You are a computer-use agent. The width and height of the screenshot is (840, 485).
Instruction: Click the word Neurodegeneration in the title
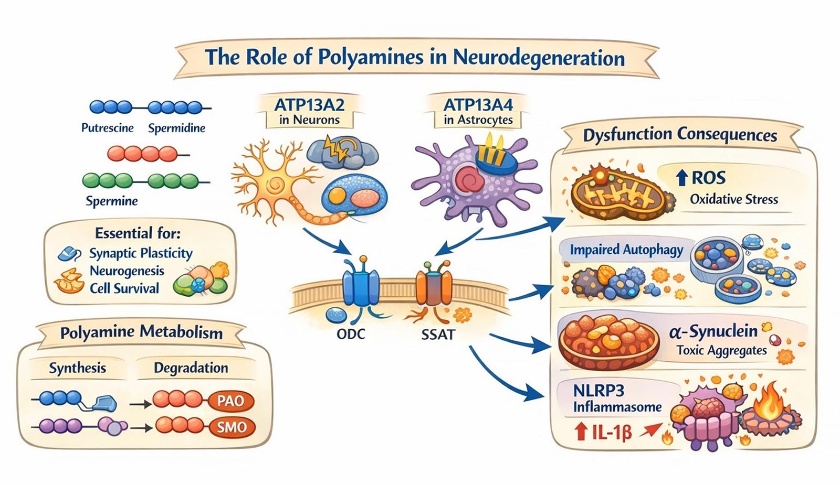539,57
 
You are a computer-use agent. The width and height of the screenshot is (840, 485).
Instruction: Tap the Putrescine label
107,128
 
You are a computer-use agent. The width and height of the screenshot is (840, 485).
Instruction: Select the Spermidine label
176,128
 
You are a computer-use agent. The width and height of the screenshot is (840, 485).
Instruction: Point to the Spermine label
112,201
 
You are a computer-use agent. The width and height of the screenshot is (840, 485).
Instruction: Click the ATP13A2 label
309,105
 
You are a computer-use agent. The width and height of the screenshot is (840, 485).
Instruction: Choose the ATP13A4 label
478,105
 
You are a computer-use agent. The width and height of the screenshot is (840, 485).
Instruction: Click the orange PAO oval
230,401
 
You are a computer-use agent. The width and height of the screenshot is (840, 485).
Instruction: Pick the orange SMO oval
232,427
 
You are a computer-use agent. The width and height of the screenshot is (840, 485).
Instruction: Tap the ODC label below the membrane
350,334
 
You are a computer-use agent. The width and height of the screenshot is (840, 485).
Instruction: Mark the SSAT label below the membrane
437,334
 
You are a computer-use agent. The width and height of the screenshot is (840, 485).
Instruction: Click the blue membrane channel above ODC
360,286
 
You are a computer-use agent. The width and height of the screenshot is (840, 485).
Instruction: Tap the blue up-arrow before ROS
681,178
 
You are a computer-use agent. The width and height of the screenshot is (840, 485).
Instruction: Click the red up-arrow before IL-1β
580,432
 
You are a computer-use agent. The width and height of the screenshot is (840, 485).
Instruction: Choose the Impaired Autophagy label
626,250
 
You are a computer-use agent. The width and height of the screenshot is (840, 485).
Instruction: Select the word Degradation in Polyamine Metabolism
191,368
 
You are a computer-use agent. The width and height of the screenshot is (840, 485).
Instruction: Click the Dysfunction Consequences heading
680,135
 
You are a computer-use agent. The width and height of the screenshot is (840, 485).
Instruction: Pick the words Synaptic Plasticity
141,254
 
